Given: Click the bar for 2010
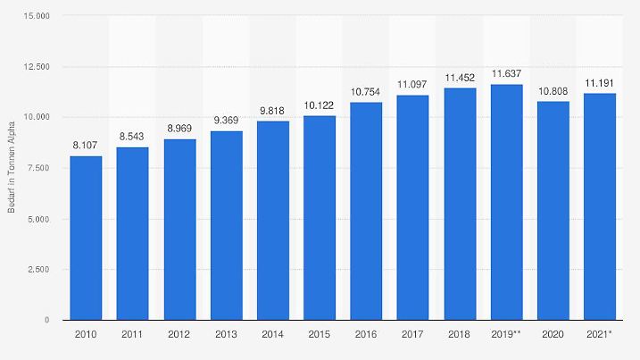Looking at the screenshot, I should coord(87,238).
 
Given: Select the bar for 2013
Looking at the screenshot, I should coord(226,225).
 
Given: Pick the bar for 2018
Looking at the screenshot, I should coord(460,204).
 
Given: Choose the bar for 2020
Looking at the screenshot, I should coord(553,210).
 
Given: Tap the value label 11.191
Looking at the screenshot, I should coord(599,82).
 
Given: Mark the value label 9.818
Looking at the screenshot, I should coord(273,111).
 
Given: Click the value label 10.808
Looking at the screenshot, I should coord(553,90).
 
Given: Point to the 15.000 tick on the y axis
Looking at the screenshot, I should coord(37,16).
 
